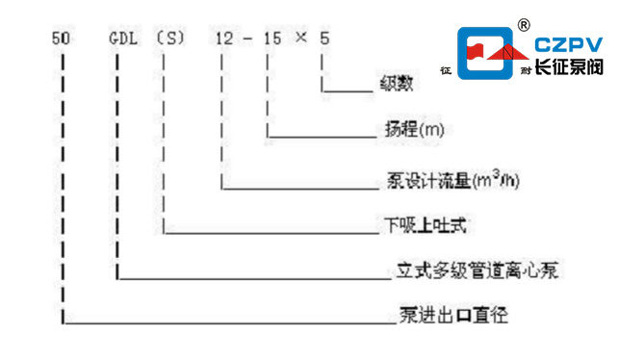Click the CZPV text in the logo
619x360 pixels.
pos(568,44)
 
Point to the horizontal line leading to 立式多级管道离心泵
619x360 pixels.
pos(250,279)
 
